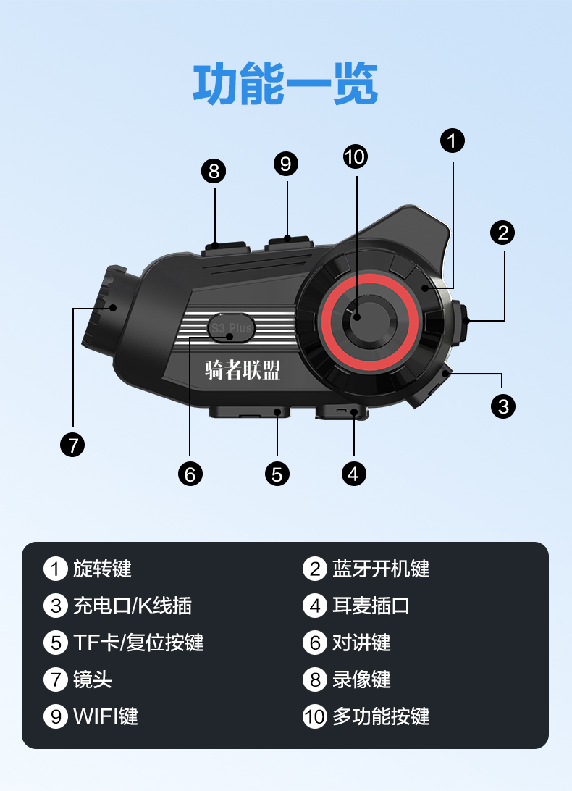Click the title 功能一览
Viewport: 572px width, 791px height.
pos(285,85)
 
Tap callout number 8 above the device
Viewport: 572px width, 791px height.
pos(214,171)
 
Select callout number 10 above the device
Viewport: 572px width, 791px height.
pos(355,156)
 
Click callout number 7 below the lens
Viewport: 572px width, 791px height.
pos(72,444)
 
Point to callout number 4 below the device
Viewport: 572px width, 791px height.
pos(353,474)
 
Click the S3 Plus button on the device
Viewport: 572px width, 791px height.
pos(231,327)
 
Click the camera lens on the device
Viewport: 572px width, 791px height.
pos(101,307)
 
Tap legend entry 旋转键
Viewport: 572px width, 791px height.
pos(102,569)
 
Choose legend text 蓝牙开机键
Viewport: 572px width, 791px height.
pos(381,569)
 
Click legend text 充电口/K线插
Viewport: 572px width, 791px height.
pos(132,606)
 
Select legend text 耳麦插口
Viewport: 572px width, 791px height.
pos(371,606)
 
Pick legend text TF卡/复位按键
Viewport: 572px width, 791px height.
pos(138,643)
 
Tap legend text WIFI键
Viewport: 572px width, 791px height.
pos(106,716)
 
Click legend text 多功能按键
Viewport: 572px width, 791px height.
pos(381,716)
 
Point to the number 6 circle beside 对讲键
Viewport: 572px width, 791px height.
pos(315,643)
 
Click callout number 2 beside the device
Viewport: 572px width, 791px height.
pos(502,233)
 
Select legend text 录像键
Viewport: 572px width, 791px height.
pos(361,679)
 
